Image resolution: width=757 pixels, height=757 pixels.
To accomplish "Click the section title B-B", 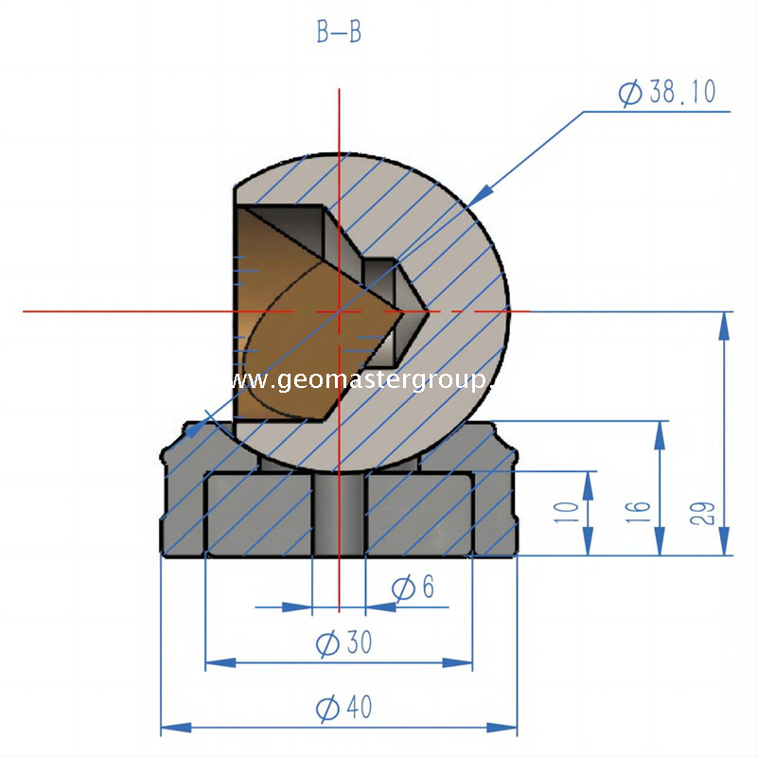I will pyautogui.click(x=339, y=32).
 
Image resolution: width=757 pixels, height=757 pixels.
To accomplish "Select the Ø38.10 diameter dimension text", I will pyautogui.click(x=667, y=92).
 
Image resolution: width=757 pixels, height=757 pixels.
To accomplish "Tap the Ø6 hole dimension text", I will pyautogui.click(x=413, y=588).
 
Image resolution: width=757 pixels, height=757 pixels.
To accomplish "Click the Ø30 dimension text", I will pyautogui.click(x=343, y=644).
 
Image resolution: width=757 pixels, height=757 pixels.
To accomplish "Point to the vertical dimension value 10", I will pyautogui.click(x=566, y=513).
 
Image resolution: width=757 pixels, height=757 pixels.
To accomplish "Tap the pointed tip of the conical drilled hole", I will pyautogui.click(x=428, y=310).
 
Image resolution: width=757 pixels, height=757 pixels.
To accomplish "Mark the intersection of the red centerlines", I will pyautogui.click(x=339, y=310).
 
